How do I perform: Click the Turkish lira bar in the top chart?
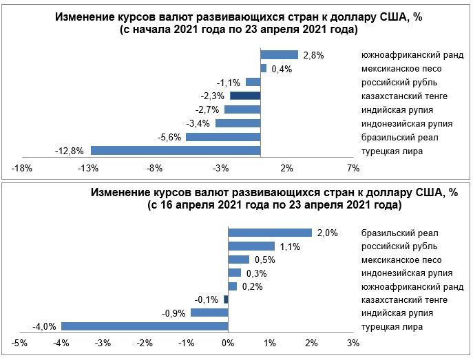pos(176,150)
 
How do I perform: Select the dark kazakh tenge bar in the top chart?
pos(245,96)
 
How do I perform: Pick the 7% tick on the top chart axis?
pos(353,168)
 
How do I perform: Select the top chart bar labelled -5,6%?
pos(223,136)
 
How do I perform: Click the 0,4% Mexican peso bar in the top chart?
pos(264,68)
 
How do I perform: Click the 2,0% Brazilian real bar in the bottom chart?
pos(270,233)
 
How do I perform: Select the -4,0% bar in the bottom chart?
pos(145,326)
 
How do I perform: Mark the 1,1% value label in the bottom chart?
pos(289,246)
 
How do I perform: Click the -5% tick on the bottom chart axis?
pos(20,343)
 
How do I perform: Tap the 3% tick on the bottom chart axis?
pos(353,343)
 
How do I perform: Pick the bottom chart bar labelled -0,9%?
pos(209,313)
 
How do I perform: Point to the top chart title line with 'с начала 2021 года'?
pos(239,30)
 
